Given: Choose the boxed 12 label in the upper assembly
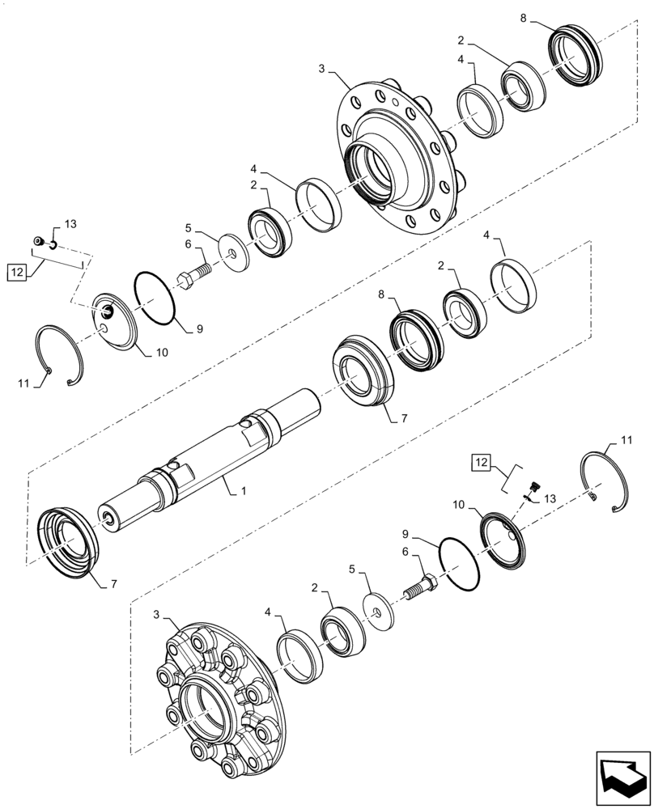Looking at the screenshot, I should tap(18, 272).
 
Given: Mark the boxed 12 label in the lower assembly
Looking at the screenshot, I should tap(481, 462).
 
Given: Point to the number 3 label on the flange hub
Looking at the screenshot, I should tap(321, 70).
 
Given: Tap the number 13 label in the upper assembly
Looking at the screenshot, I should tap(70, 223).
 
